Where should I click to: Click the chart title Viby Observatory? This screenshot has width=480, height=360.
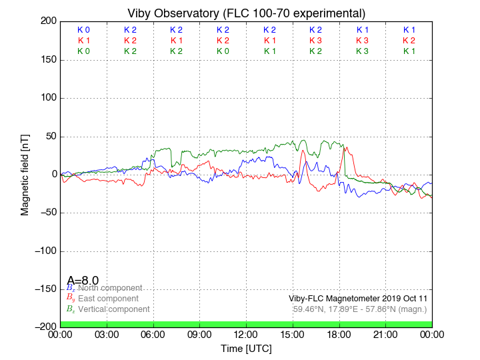pyautogui.click(x=246, y=13)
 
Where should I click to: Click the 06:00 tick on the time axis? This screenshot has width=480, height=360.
pyautogui.click(x=153, y=335)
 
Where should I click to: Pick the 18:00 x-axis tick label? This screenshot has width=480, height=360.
pyautogui.click(x=339, y=335)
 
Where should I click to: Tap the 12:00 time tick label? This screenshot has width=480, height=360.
pyautogui.click(x=246, y=335)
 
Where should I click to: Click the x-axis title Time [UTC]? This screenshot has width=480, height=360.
pyautogui.click(x=246, y=349)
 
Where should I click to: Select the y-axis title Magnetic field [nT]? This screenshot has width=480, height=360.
pyautogui.click(x=25, y=173)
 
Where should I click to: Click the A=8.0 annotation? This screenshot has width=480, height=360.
pyautogui.click(x=83, y=281)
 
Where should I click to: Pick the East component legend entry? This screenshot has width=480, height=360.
pyautogui.click(x=108, y=299)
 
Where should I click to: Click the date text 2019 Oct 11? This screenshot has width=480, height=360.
pyautogui.click(x=403, y=299)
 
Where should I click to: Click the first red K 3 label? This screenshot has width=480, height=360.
pyautogui.click(x=315, y=41)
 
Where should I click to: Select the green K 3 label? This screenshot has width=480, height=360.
pyautogui.click(x=362, y=51)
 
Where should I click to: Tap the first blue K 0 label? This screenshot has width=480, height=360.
pyautogui.click(x=83, y=30)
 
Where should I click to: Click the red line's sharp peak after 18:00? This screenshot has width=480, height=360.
pyautogui.click(x=345, y=147)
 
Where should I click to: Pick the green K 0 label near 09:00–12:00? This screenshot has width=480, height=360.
pyautogui.click(x=223, y=51)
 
